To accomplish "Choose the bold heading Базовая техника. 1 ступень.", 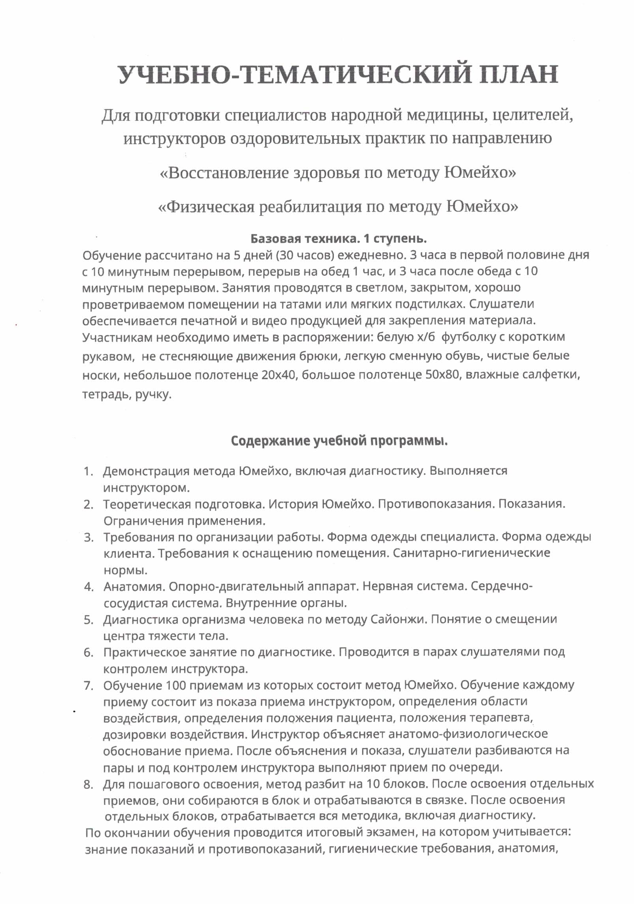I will [338, 239].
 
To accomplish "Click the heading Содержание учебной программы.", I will [339, 441].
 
